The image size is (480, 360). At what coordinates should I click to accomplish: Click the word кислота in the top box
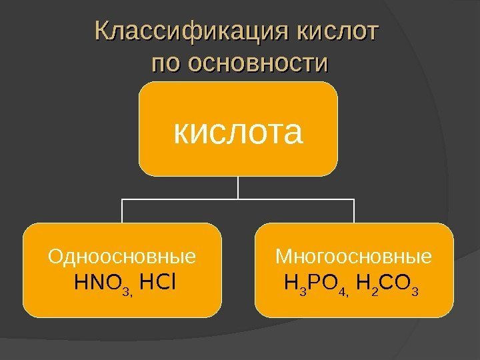point(238,132)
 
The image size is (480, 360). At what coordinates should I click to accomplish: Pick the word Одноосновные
point(122,257)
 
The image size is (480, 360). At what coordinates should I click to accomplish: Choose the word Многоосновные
point(354,257)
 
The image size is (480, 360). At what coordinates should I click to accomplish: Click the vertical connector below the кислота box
point(238,187)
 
